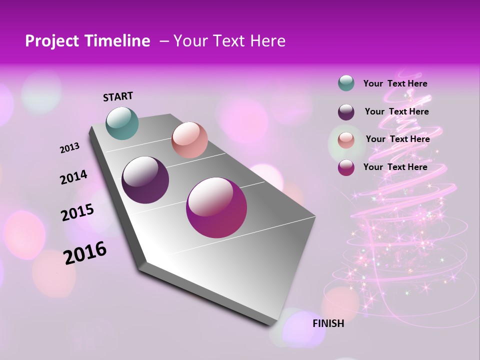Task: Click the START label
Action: pos(118,96)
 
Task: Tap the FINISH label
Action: pos(328,323)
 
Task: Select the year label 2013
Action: pos(69,148)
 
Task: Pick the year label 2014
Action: pos(73,177)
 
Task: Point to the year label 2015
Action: pos(77,212)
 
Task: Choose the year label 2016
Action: pos(85,253)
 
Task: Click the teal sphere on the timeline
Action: pos(122,123)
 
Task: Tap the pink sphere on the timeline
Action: pos(189,140)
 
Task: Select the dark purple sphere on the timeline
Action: pos(145,180)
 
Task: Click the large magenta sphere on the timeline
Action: pos(216,207)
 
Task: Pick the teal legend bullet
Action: pos(346,83)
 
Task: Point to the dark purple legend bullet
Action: pos(346,112)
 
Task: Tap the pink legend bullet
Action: pos(346,140)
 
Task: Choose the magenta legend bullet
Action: pos(346,167)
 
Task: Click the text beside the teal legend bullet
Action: pos(395,84)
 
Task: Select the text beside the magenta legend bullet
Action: pos(395,167)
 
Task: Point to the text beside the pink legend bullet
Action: pos(397,139)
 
